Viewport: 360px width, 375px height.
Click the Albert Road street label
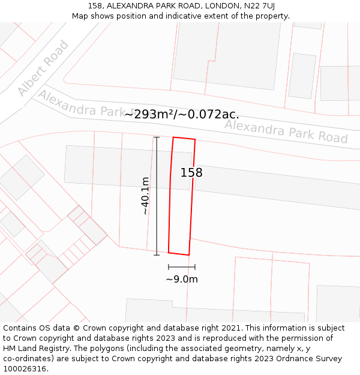pyautogui.click(x=43, y=68)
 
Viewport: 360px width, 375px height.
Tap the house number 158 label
pyautogui.click(x=191, y=173)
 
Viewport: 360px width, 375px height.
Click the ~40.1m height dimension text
pyautogui.click(x=145, y=196)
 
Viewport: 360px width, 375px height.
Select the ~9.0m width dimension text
pyautogui.click(x=182, y=279)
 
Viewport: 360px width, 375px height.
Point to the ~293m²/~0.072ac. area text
pyautogui.click(x=182, y=114)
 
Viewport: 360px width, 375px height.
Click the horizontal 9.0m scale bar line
pyautogui.click(x=182, y=266)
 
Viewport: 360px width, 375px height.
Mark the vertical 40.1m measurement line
pyautogui.click(x=157, y=196)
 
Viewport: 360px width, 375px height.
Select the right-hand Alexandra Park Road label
pyautogui.click(x=286, y=131)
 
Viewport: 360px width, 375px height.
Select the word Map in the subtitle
pyautogui.click(x=80, y=16)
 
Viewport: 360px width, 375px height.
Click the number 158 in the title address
pyautogui.click(x=95, y=6)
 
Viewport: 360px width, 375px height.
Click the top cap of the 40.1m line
pyautogui.click(x=157, y=137)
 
